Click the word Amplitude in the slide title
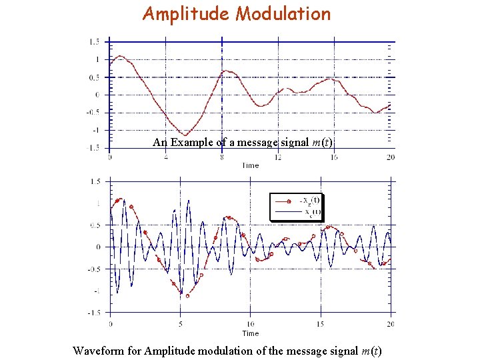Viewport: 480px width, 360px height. (x=185, y=13)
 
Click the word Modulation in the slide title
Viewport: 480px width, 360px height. (x=283, y=13)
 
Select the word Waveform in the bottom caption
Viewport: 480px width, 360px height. (x=107, y=351)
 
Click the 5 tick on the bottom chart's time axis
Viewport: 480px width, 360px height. (x=180, y=325)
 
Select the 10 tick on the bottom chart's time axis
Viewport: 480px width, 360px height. (x=250, y=325)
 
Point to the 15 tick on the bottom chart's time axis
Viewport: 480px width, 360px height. (x=320, y=325)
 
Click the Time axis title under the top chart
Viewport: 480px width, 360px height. (x=250, y=165)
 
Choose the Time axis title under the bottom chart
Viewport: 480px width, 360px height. (x=250, y=333)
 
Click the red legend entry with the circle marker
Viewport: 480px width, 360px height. (x=296, y=200)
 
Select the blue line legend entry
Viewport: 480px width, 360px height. (x=296, y=213)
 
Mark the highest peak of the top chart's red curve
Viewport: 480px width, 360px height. (x=119, y=56)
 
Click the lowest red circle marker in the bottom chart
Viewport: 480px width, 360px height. (x=187, y=295)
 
